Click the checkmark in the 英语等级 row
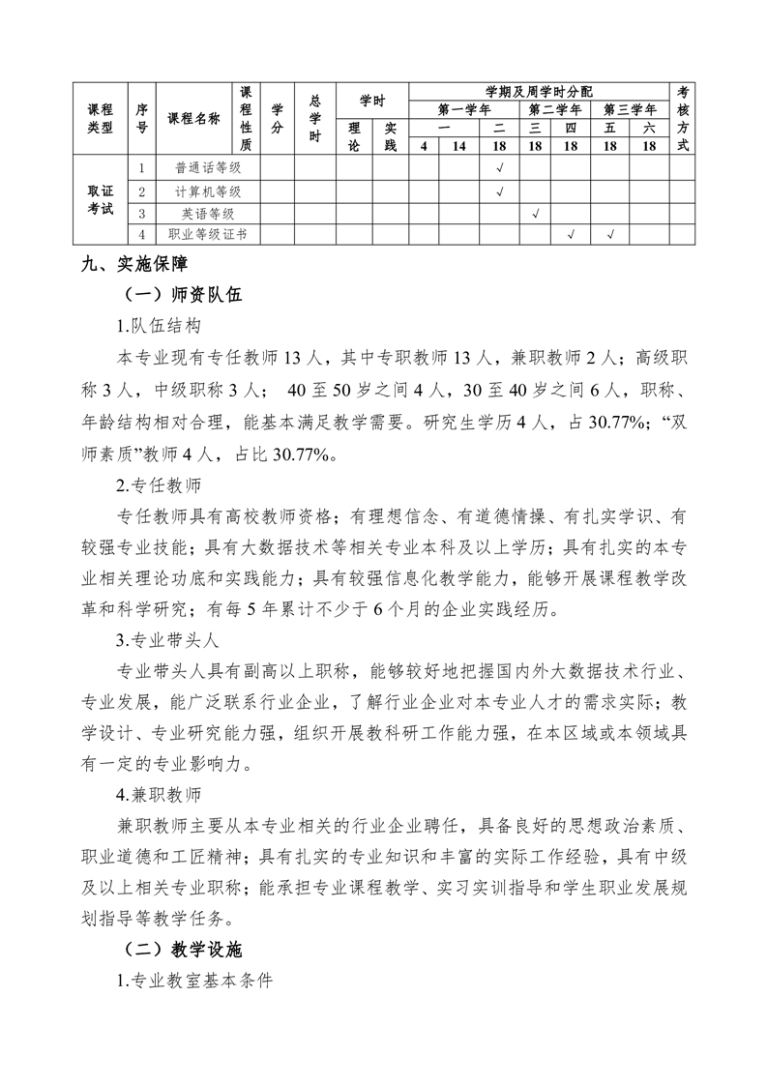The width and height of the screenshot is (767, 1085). (x=535, y=214)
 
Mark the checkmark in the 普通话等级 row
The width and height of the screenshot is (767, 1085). (x=499, y=166)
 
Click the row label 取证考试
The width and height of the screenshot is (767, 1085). (x=100, y=201)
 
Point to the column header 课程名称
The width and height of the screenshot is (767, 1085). (x=193, y=119)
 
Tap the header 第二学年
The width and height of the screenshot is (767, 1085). (x=553, y=109)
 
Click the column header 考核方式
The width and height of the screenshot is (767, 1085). (x=683, y=119)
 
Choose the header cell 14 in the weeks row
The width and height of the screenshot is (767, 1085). (x=459, y=146)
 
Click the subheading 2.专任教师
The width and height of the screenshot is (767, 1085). (x=159, y=483)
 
